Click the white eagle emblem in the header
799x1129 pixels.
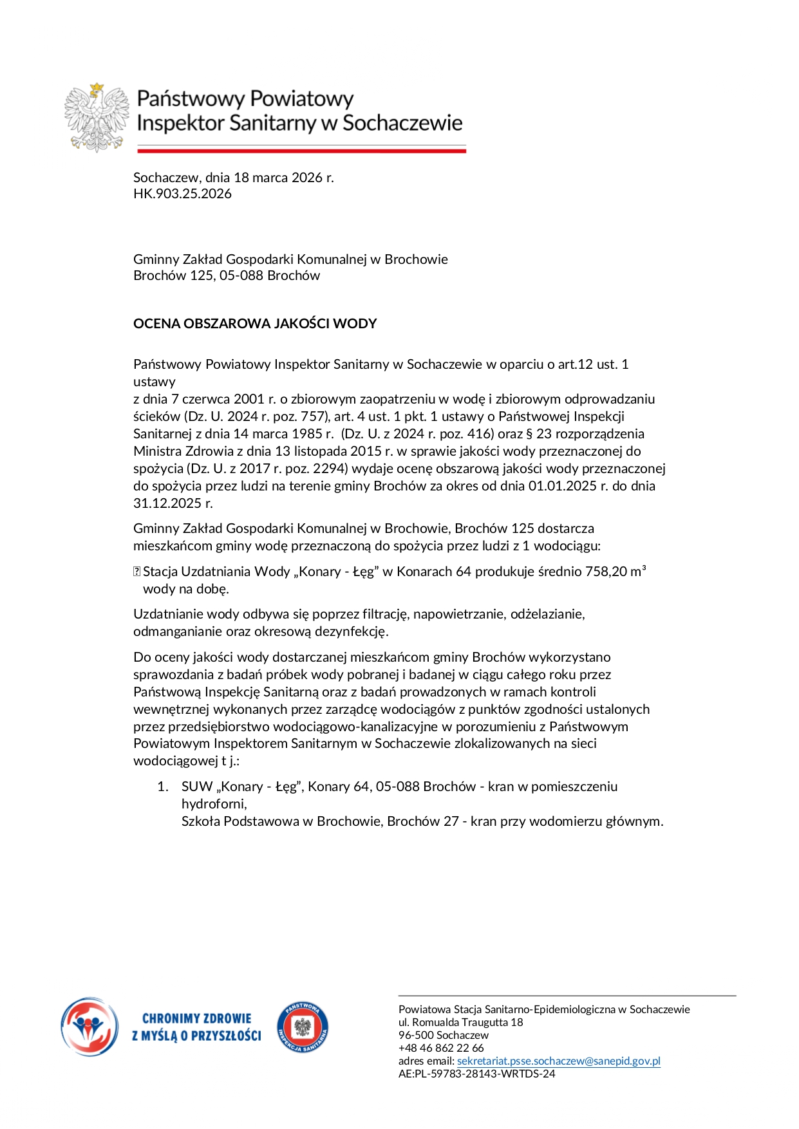click(97, 117)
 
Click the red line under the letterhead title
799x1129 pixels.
click(301, 151)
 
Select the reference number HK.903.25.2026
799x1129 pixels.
click(182, 194)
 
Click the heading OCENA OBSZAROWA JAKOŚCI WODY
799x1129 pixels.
click(255, 324)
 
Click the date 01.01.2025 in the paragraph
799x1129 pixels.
click(562, 486)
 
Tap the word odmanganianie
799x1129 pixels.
click(173, 631)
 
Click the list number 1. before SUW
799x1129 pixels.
click(164, 787)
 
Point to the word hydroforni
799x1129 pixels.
click(213, 804)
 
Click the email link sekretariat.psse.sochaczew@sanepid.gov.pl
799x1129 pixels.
click(558, 1061)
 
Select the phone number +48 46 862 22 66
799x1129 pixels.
click(441, 1048)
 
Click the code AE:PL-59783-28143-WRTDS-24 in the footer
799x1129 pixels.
click(476, 1074)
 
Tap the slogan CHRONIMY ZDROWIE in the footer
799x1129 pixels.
click(196, 1019)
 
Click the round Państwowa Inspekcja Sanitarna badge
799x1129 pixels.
click(303, 1027)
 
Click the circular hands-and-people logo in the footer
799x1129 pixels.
click(89, 1027)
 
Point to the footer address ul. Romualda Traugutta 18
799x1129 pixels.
click(460, 1022)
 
